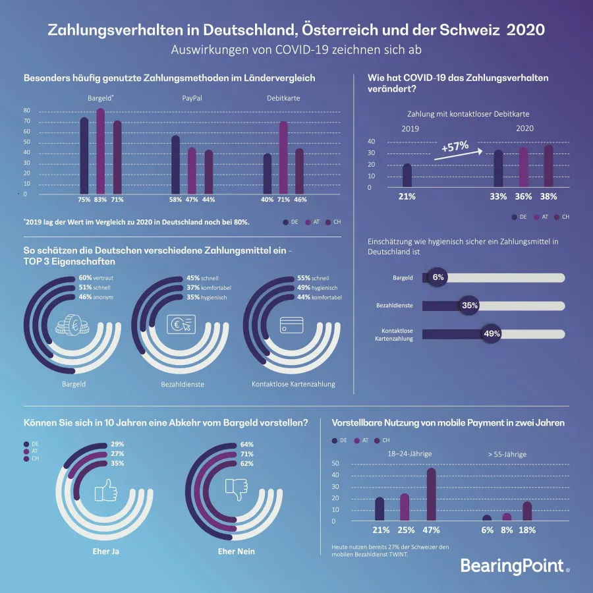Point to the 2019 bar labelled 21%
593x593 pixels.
(x=407, y=176)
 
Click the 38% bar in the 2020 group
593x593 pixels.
(x=549, y=167)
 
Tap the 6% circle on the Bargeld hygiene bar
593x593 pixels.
(x=438, y=277)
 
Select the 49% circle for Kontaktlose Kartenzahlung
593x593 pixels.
(x=492, y=333)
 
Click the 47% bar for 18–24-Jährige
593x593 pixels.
(x=431, y=494)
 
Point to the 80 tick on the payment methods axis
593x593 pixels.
(x=26, y=110)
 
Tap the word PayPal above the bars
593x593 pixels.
(x=192, y=98)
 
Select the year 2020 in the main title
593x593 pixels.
(x=526, y=30)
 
